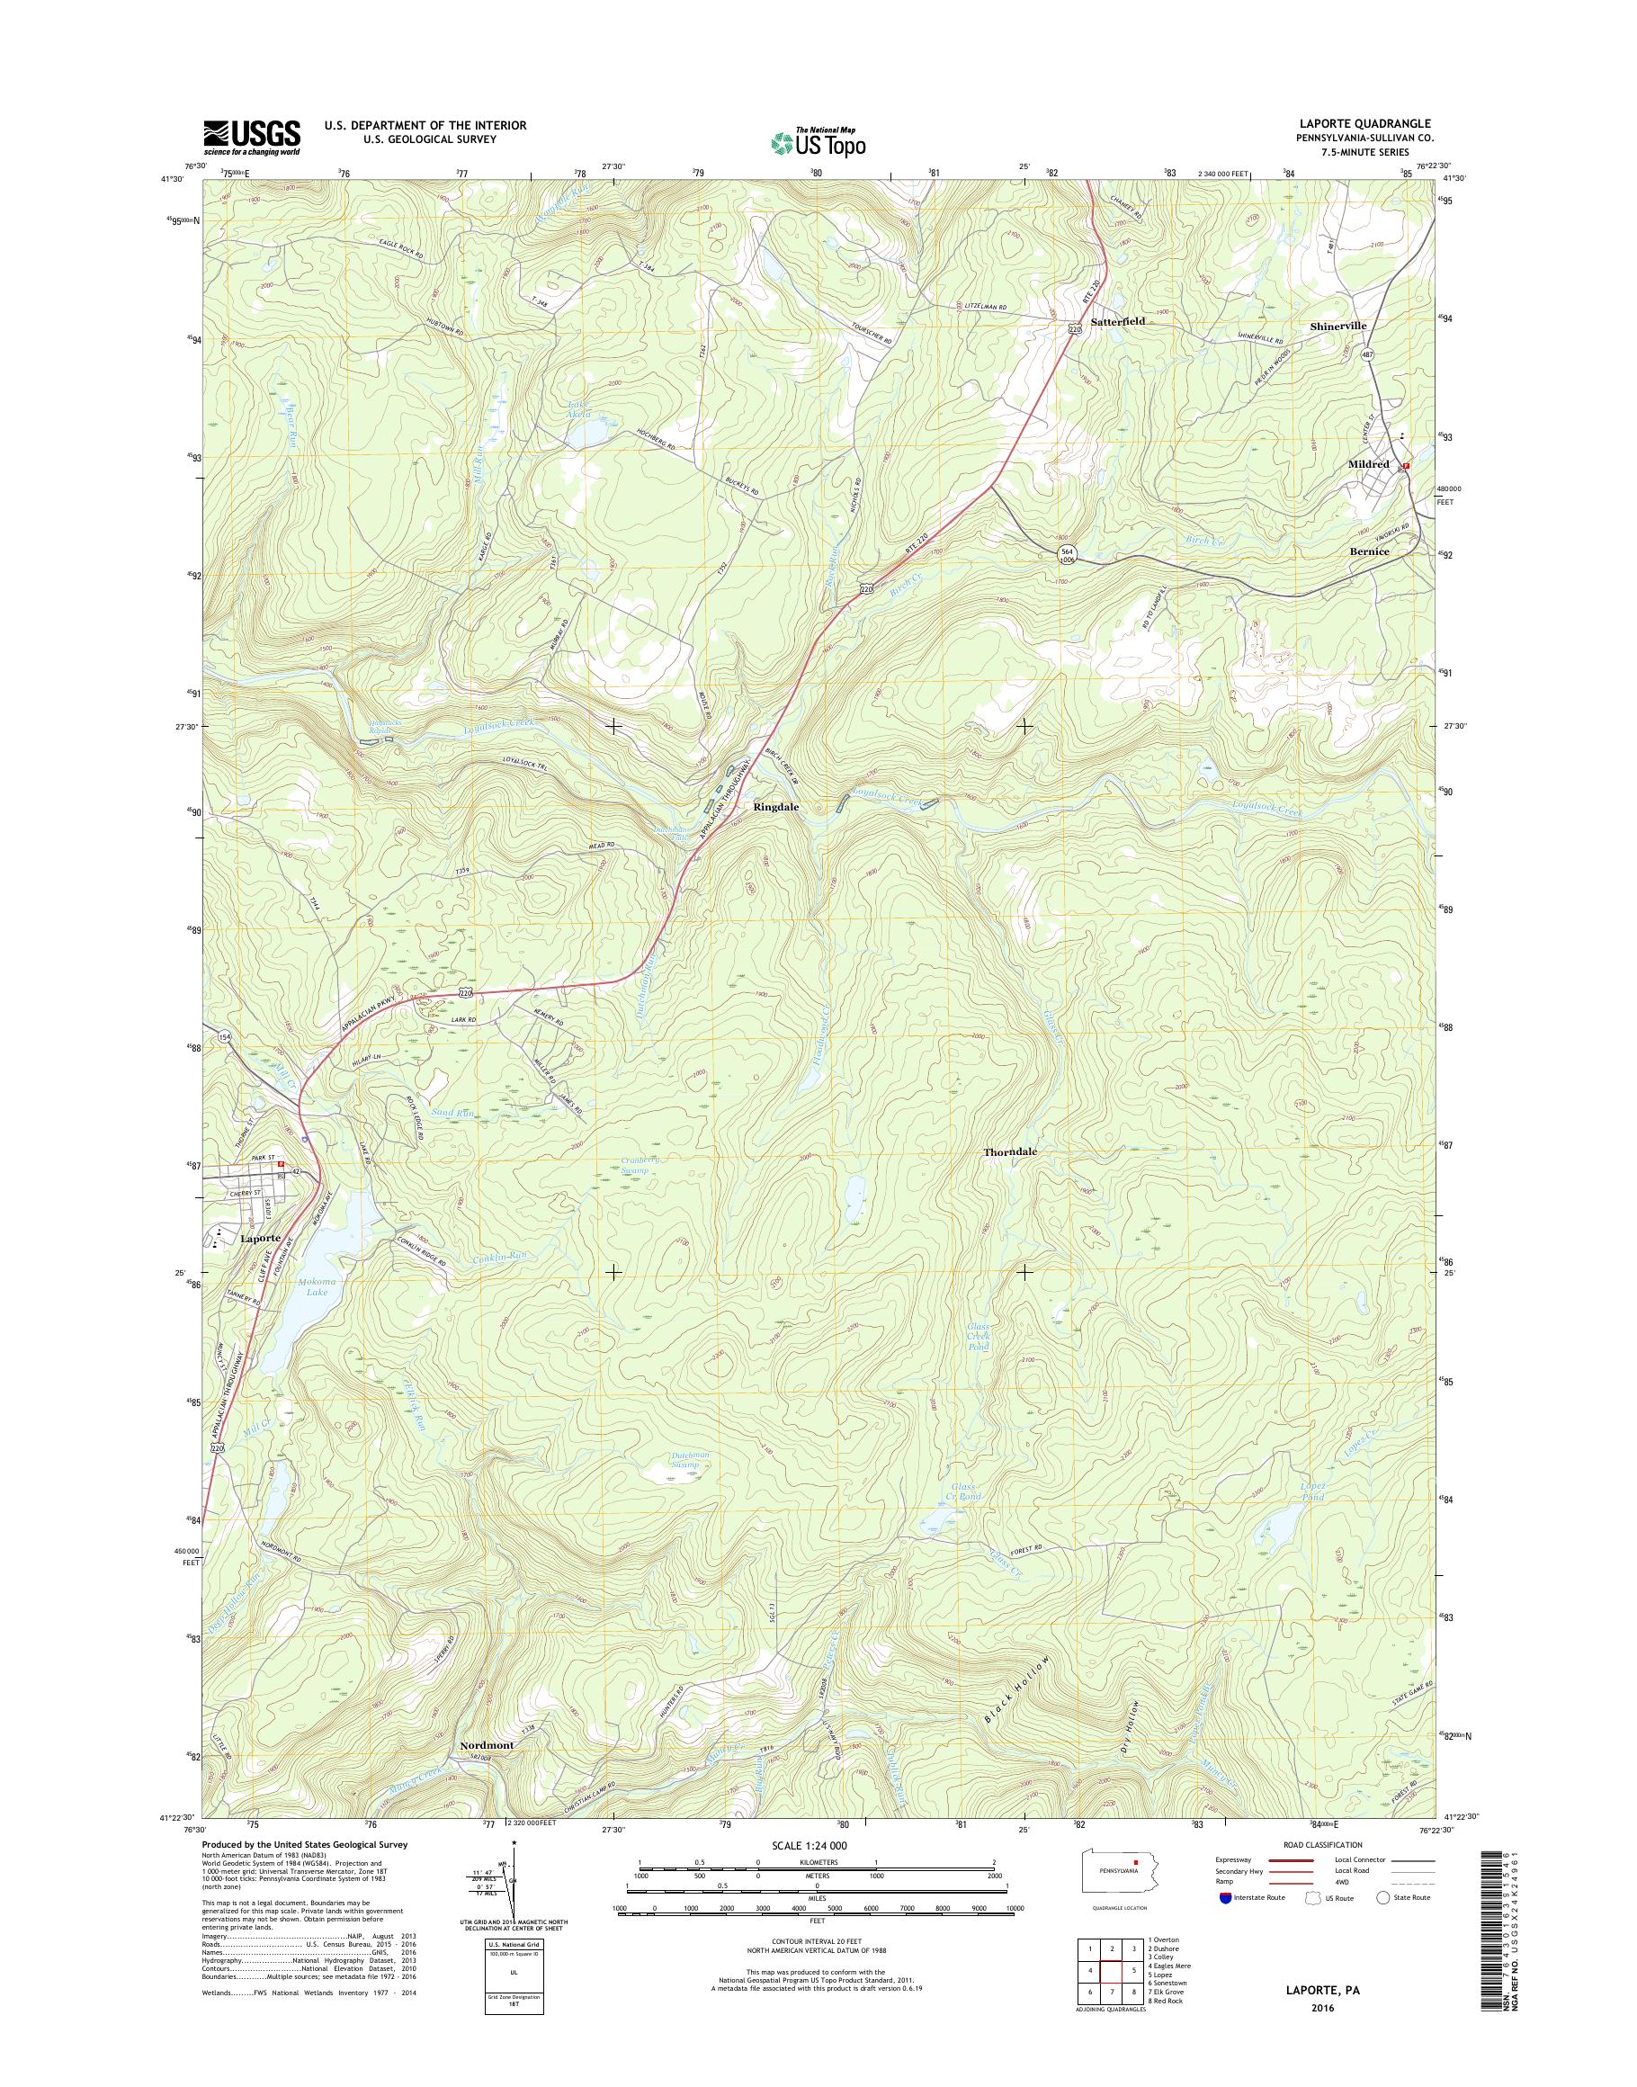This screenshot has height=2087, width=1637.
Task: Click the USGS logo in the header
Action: [251, 136]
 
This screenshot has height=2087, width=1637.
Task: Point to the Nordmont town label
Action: [486, 1746]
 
